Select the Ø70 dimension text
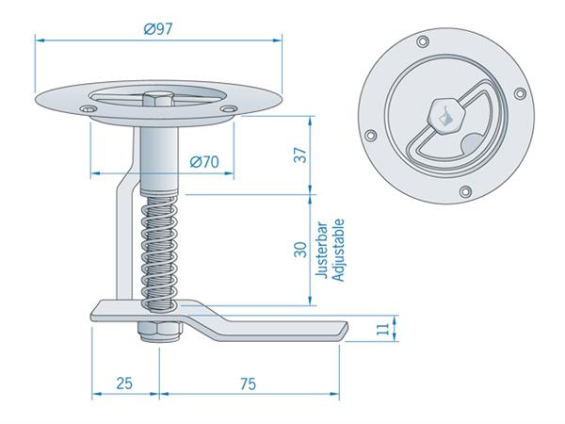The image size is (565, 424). point(203,161)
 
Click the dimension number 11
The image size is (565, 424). point(381,329)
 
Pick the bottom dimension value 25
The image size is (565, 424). point(124,384)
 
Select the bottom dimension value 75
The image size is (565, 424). point(247,384)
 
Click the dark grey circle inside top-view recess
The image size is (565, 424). point(471,143)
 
